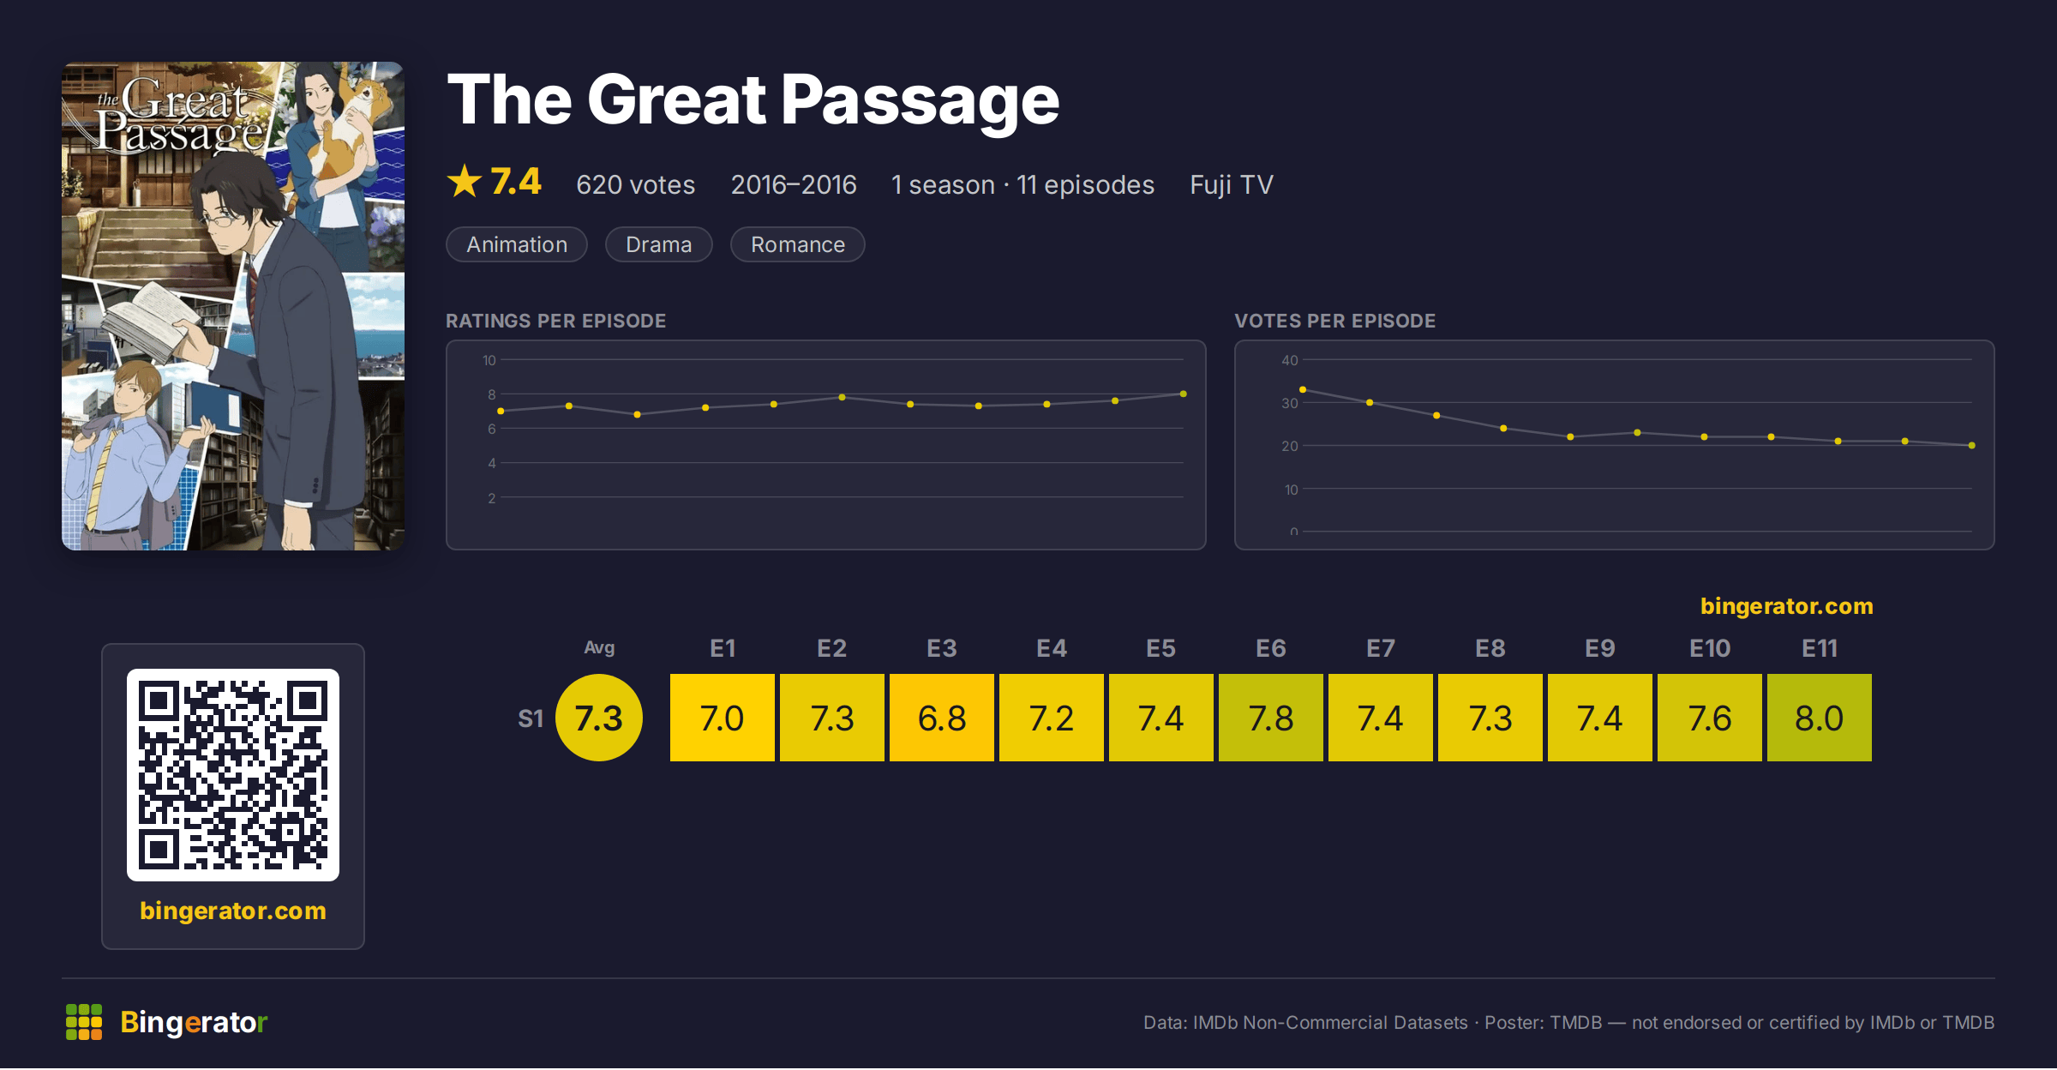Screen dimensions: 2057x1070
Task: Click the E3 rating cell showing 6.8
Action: tap(941, 718)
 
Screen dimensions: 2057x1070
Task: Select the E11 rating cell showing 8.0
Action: tap(1819, 718)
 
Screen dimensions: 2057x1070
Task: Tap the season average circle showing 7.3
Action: tap(599, 718)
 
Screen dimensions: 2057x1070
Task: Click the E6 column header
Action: tap(1270, 648)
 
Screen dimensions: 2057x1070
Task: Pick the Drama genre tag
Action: tap(658, 244)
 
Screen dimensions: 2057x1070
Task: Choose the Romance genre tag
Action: tap(797, 244)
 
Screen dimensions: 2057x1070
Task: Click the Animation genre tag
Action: tap(517, 244)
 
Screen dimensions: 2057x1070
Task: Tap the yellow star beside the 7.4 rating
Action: tap(465, 182)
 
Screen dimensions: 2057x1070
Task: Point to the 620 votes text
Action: tap(635, 184)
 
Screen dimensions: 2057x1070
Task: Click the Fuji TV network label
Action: tap(1232, 184)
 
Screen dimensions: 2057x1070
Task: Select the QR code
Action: tap(233, 775)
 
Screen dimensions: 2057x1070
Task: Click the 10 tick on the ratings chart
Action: tap(489, 360)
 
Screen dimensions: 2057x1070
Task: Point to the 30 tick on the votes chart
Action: tap(1289, 403)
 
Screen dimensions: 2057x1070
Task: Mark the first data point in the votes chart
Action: tap(1303, 390)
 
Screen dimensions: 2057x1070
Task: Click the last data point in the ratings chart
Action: tap(1184, 394)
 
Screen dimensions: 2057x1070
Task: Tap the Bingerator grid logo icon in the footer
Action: tap(84, 1022)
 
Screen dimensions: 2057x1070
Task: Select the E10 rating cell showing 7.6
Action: tap(1709, 718)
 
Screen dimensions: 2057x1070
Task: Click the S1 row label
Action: tap(531, 718)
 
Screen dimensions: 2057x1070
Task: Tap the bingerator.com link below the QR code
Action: tap(233, 911)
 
